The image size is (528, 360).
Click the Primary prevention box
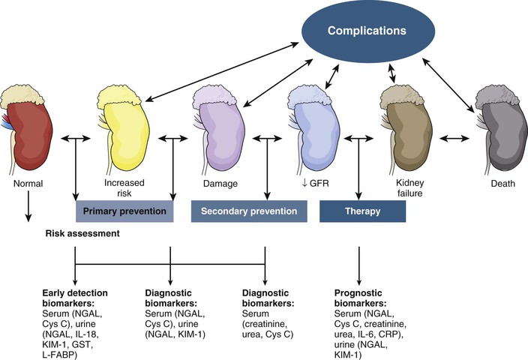point(125,211)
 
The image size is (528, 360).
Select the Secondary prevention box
point(250,211)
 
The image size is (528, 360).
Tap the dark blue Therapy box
point(362,211)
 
